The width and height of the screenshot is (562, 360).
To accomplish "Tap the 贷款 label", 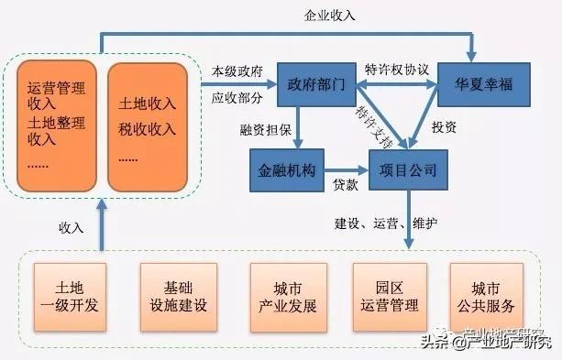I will click(x=346, y=185).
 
